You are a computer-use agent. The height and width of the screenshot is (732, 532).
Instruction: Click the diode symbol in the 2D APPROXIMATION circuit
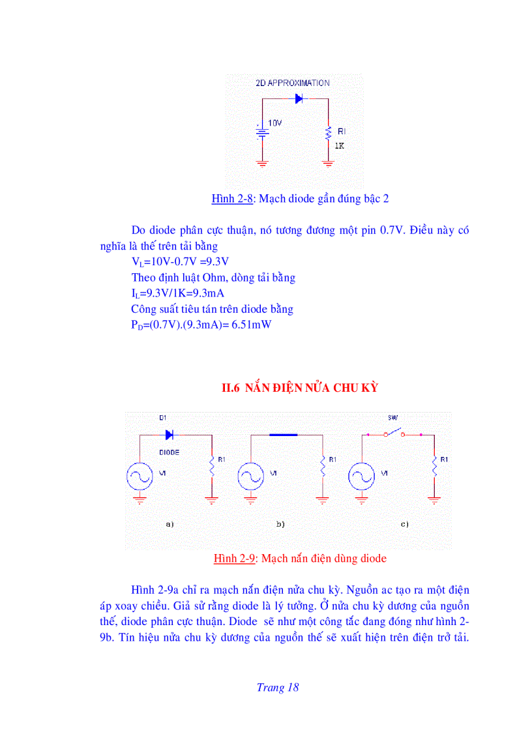click(x=300, y=99)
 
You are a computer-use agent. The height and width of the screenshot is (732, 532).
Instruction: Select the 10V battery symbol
click(x=262, y=133)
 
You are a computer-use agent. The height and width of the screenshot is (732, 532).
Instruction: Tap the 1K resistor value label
click(x=339, y=146)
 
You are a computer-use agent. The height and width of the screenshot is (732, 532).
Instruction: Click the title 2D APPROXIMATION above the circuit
click(x=292, y=83)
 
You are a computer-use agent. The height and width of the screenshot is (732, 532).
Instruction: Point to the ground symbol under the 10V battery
click(x=262, y=164)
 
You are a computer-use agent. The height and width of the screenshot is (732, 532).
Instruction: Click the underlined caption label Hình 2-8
click(x=232, y=199)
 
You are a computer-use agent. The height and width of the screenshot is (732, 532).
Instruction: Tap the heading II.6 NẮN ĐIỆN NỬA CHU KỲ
click(x=301, y=388)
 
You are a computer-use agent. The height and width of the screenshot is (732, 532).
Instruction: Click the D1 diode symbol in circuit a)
click(x=170, y=435)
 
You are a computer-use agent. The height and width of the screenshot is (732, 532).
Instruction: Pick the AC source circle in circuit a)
click(x=140, y=476)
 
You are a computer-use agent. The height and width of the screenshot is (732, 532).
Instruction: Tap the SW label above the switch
click(x=392, y=418)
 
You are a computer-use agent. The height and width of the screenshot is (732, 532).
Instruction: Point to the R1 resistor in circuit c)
click(x=434, y=466)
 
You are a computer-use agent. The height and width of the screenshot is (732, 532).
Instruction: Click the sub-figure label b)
click(x=280, y=524)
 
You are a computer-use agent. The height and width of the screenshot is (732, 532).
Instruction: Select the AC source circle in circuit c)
click(x=361, y=476)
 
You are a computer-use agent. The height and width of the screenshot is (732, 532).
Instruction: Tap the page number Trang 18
click(x=278, y=687)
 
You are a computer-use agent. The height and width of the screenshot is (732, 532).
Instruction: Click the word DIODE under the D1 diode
click(x=170, y=451)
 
